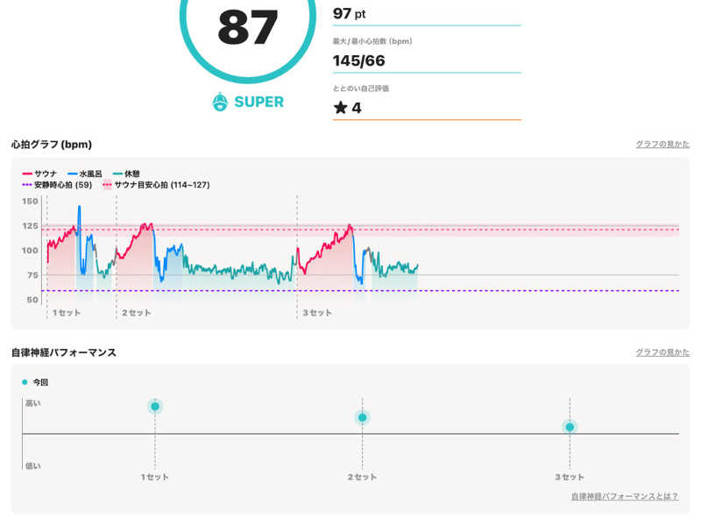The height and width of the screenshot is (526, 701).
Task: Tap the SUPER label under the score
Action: point(258,102)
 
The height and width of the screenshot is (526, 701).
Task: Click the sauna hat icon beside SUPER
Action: point(220,102)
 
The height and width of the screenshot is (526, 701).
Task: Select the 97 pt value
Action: point(349,13)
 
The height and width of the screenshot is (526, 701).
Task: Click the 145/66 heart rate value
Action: point(358,60)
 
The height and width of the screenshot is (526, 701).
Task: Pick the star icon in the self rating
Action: point(340,108)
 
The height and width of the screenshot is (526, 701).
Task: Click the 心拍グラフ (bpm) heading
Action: point(52,144)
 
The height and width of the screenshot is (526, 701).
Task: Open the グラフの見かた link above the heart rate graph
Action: point(662,144)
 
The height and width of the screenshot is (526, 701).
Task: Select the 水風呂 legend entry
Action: point(92,174)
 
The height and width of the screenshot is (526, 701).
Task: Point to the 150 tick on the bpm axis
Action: point(30,202)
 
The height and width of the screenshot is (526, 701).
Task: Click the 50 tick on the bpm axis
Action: point(32,300)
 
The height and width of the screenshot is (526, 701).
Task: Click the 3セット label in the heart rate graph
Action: point(317,313)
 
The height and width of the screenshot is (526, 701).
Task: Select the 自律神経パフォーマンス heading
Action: point(63,352)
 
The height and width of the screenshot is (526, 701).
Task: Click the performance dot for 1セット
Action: point(155,406)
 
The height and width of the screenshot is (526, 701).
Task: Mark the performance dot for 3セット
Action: point(570,427)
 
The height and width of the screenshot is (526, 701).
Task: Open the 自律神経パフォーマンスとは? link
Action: point(624,496)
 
